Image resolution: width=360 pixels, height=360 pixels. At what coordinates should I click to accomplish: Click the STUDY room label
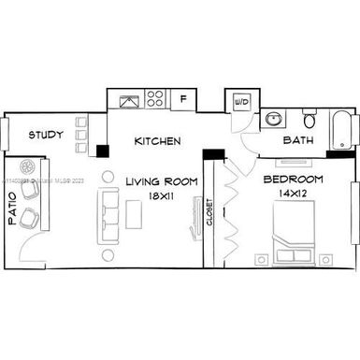click(46, 136)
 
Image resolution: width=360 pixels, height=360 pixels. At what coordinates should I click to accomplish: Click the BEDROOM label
click(293, 179)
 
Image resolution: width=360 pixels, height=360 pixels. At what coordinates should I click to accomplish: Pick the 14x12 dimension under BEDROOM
click(293, 194)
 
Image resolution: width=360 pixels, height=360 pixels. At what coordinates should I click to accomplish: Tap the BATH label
click(298, 142)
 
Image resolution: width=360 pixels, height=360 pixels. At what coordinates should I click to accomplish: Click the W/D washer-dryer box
click(240, 101)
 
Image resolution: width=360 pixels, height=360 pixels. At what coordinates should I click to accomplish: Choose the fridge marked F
click(183, 97)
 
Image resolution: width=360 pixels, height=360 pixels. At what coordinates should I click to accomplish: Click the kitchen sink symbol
click(126, 99)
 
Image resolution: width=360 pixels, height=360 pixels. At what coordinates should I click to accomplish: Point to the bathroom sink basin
click(272, 120)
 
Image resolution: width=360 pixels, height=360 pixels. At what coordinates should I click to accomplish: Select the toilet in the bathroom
click(310, 120)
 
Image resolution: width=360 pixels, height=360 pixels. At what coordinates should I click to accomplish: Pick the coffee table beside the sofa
click(137, 214)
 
